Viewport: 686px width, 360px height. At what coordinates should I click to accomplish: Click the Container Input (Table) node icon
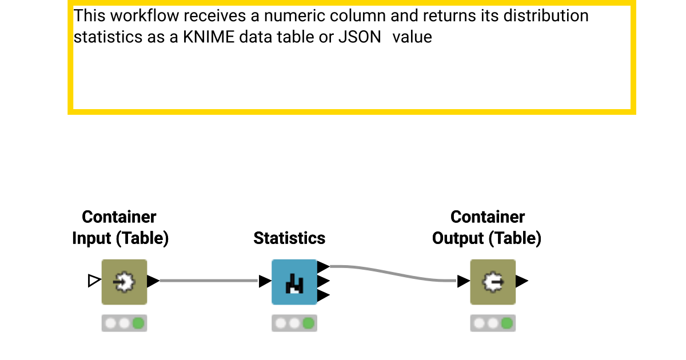coord(124,282)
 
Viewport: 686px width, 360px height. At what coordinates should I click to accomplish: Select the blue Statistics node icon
coord(294,282)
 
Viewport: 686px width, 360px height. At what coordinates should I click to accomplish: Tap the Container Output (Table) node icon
coord(492,282)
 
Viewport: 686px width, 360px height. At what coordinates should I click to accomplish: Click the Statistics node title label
coord(289,238)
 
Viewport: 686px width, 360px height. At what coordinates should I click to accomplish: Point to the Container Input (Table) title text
coord(120,227)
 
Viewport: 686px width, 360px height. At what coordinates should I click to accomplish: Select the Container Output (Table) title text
coord(486,227)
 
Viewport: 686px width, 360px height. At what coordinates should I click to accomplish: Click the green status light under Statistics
coord(308,323)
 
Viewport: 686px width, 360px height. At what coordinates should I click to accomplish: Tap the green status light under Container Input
coord(138,323)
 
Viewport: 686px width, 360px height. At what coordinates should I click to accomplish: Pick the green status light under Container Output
coord(506,323)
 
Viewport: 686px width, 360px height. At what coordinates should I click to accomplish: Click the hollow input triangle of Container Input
coord(94,281)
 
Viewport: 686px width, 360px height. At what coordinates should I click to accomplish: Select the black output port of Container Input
coord(153,281)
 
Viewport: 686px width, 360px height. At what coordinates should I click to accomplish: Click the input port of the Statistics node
coord(265,281)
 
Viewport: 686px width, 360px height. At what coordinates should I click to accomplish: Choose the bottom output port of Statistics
coord(323,295)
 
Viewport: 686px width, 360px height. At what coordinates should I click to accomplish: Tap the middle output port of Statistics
coord(323,281)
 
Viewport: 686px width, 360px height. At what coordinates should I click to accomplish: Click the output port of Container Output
coord(522,281)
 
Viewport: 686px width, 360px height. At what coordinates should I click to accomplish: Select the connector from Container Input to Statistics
coord(209,281)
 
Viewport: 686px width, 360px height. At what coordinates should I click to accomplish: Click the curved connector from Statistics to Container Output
coord(394,273)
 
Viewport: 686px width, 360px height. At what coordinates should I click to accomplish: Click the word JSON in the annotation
coord(360,38)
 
